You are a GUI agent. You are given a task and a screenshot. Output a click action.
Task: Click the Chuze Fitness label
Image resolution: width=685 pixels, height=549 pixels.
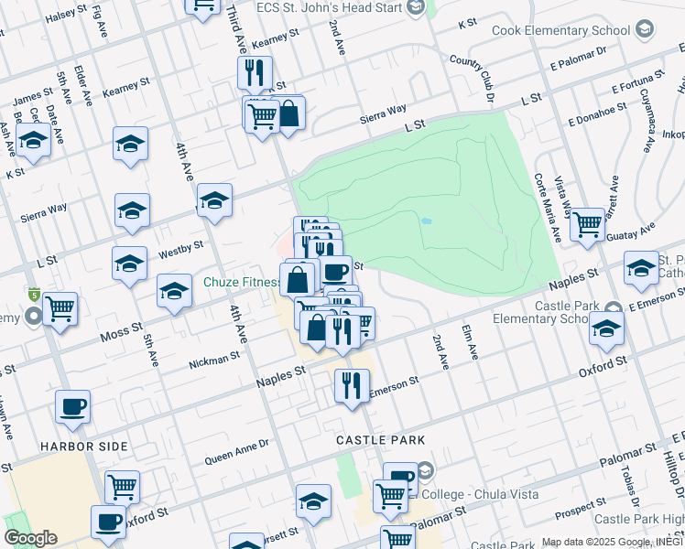coord(241,282)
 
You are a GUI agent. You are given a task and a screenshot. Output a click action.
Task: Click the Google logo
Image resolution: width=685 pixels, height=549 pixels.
coord(30,538)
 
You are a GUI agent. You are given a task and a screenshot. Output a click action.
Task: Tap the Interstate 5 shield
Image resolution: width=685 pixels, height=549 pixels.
coord(35,296)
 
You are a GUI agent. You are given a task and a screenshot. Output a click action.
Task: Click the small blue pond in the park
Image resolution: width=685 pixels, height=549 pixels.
coord(425,221)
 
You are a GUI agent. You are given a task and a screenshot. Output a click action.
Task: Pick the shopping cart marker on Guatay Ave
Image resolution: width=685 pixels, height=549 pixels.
coord(587,223)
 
